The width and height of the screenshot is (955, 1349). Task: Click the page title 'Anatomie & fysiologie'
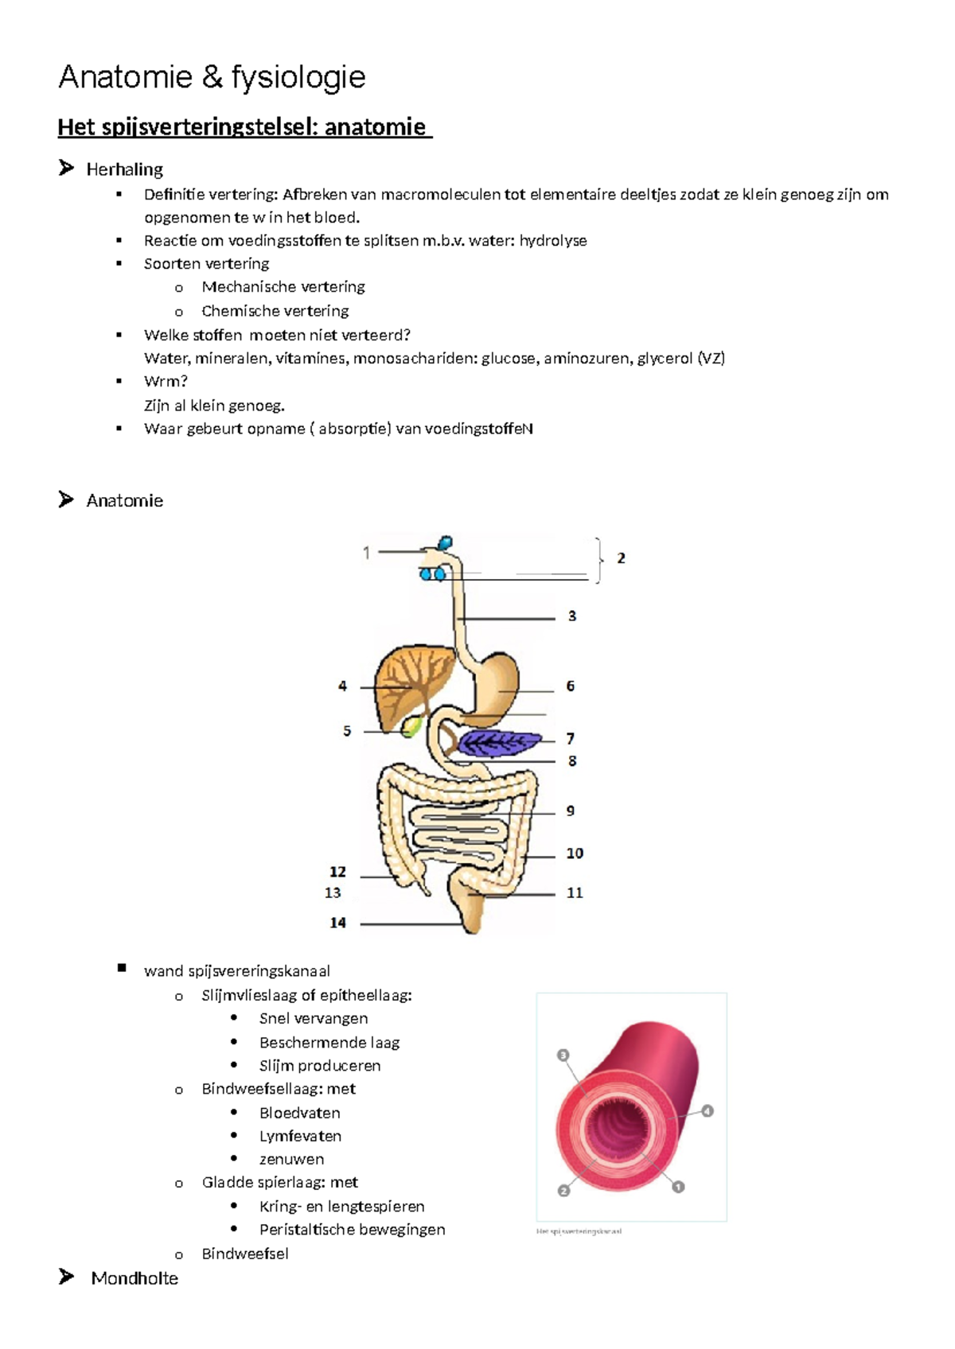pyautogui.click(x=212, y=77)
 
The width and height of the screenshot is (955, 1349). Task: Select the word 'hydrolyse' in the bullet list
pyautogui.click(x=553, y=240)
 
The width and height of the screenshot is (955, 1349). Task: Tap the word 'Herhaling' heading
pyautogui.click(x=125, y=169)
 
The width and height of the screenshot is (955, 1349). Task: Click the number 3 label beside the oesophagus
pyautogui.click(x=571, y=616)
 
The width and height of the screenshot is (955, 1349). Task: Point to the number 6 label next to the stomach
pyautogui.click(x=570, y=686)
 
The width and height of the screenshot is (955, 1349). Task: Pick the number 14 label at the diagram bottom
pyautogui.click(x=338, y=923)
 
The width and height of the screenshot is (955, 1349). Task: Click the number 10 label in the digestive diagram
pyautogui.click(x=575, y=853)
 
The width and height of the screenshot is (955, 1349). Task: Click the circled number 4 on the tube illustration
pyautogui.click(x=707, y=1111)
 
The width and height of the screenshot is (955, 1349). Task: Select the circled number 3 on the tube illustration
pyautogui.click(x=563, y=1055)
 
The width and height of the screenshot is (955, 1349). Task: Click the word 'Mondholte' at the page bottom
pyautogui.click(x=134, y=1278)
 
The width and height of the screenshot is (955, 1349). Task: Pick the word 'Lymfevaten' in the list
pyautogui.click(x=300, y=1136)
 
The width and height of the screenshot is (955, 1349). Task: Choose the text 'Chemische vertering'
pyautogui.click(x=275, y=311)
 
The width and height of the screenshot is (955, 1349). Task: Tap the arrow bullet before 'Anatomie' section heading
pyautogui.click(x=66, y=500)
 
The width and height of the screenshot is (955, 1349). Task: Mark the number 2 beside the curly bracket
pyautogui.click(x=621, y=558)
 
